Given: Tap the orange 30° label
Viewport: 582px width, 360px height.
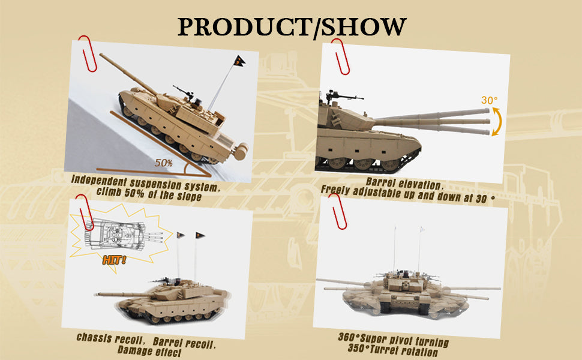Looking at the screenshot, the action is click(x=489, y=100).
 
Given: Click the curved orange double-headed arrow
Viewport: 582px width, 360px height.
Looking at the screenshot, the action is click(x=498, y=121).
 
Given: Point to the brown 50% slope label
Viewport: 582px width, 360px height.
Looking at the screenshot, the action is click(x=164, y=163).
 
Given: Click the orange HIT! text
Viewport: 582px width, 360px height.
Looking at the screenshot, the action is click(x=114, y=260).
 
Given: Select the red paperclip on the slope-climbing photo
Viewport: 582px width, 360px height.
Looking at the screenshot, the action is click(x=87, y=53).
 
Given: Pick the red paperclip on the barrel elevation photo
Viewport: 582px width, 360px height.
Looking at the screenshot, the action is click(x=340, y=56).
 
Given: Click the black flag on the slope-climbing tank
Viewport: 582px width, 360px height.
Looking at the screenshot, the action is click(x=239, y=61).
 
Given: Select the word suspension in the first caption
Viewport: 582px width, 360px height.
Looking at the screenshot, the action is click(x=155, y=183).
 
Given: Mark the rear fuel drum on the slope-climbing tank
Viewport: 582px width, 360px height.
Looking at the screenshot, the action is click(x=241, y=151).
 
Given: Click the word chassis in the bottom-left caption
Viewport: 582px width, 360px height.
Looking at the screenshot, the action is click(x=94, y=338).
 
